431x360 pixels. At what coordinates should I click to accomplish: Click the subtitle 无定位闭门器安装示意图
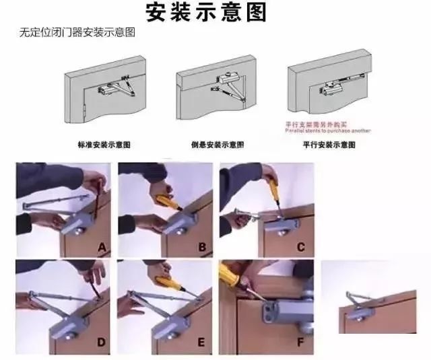tap(77, 32)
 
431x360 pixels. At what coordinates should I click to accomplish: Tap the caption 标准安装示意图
tap(104, 145)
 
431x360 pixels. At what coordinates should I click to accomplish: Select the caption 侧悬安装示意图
tap(218, 145)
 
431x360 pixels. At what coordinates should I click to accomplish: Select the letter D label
tap(101, 343)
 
